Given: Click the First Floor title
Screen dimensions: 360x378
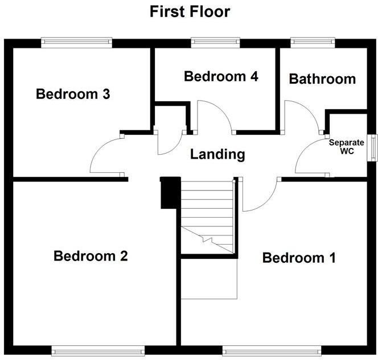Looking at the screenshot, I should tap(190, 11).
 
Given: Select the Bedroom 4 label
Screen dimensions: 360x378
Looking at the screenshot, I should tap(221, 76).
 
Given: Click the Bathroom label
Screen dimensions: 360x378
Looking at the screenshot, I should tap(322, 79).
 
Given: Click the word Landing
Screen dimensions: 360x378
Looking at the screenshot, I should tap(217, 154).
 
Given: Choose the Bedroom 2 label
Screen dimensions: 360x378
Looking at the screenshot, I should tap(91, 256).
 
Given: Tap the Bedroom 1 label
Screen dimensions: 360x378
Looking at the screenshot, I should tap(298, 258).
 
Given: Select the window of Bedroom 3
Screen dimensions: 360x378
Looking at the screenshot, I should tap(76, 42).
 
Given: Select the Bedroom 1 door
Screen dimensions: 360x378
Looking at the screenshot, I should tap(259, 196).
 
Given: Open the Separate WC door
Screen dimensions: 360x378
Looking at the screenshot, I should tap(310, 156).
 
